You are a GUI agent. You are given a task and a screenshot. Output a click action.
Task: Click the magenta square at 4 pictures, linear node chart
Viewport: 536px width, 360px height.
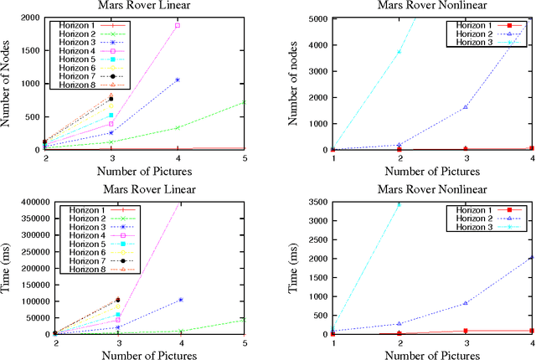178,25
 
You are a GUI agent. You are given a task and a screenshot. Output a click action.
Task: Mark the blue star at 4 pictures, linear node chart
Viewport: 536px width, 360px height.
178,80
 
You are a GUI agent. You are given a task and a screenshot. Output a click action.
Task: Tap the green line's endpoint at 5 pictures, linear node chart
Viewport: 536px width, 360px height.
245,102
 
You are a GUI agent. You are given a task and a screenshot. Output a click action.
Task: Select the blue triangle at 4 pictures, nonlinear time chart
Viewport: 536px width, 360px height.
532,257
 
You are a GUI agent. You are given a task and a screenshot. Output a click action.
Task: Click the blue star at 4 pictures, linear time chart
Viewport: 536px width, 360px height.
178,300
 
